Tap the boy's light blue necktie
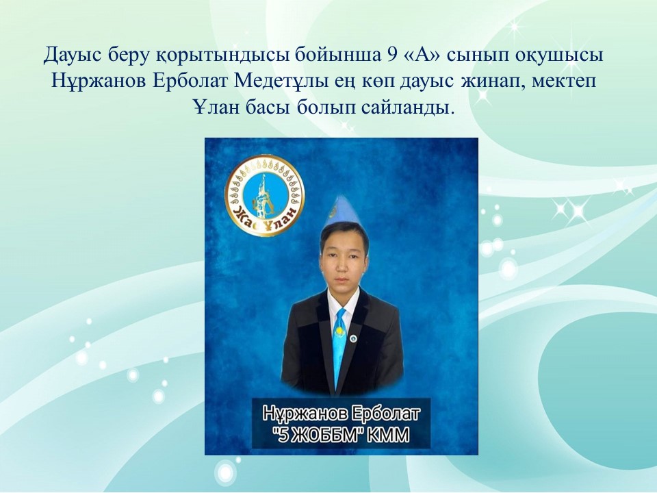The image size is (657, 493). coord(339,344)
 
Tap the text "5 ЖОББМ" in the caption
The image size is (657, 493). coord(315,435)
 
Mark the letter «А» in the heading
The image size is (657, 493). coord(420,55)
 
